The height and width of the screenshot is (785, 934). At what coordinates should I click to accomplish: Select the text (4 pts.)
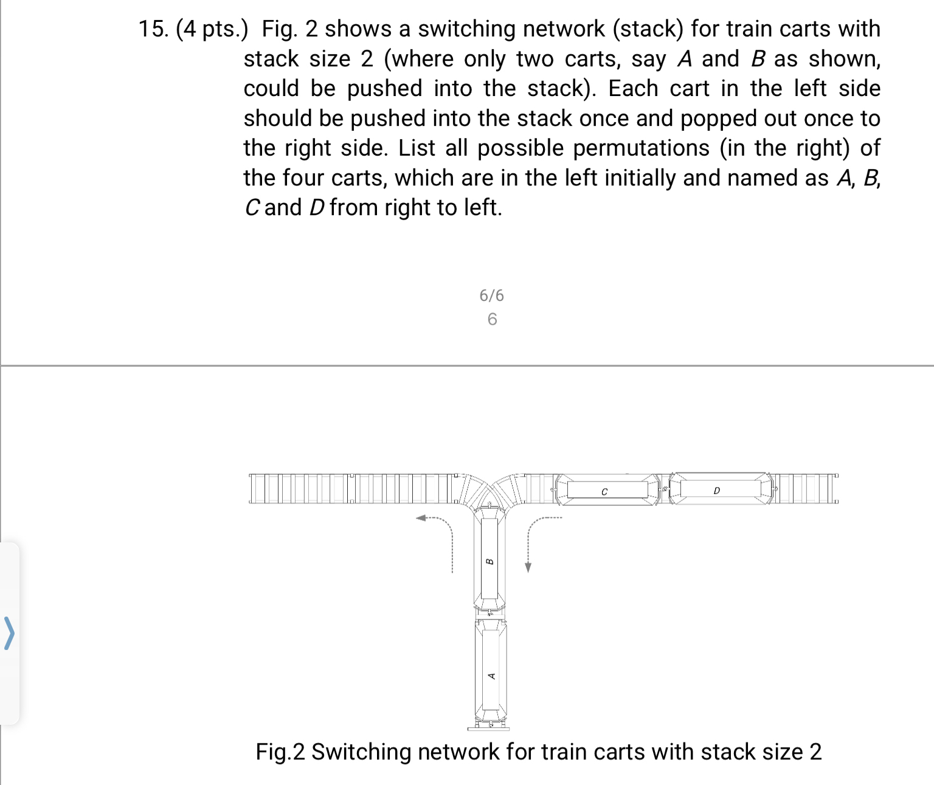coord(212,29)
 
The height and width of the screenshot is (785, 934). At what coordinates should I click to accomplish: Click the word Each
coord(633,88)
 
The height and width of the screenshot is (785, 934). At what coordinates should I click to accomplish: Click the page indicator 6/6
coord(491,296)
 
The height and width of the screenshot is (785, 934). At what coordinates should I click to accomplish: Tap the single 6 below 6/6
coord(492,319)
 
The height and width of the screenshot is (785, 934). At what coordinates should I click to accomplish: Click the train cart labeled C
coord(604,490)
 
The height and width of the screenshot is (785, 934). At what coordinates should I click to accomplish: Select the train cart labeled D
coord(716,490)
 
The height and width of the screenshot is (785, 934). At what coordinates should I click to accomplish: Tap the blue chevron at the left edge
coord(9,633)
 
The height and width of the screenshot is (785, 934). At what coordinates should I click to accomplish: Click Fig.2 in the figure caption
coord(280,752)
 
